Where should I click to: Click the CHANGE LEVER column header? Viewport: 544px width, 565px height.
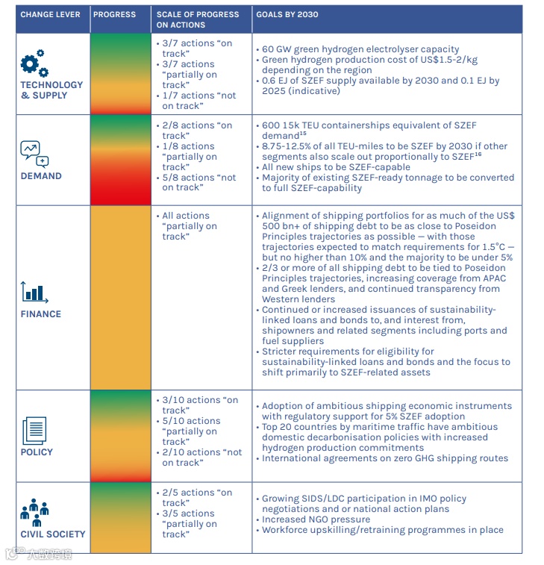(50, 14)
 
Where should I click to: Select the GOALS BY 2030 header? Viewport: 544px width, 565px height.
(288, 14)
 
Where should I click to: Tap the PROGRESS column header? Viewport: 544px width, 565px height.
(114, 14)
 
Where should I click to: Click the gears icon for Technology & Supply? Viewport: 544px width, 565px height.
(34, 63)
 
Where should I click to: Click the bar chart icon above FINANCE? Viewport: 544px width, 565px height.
(35, 293)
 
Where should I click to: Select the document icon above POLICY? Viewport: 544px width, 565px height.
(34, 431)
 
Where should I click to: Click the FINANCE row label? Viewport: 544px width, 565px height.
(41, 314)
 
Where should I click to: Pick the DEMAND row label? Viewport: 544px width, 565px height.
(41, 176)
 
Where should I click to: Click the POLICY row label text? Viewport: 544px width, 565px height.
(37, 452)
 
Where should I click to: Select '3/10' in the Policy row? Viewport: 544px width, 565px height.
(173, 400)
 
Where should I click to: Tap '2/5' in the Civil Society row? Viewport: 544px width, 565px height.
(171, 493)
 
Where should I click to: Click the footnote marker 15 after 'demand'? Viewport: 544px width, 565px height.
(303, 134)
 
